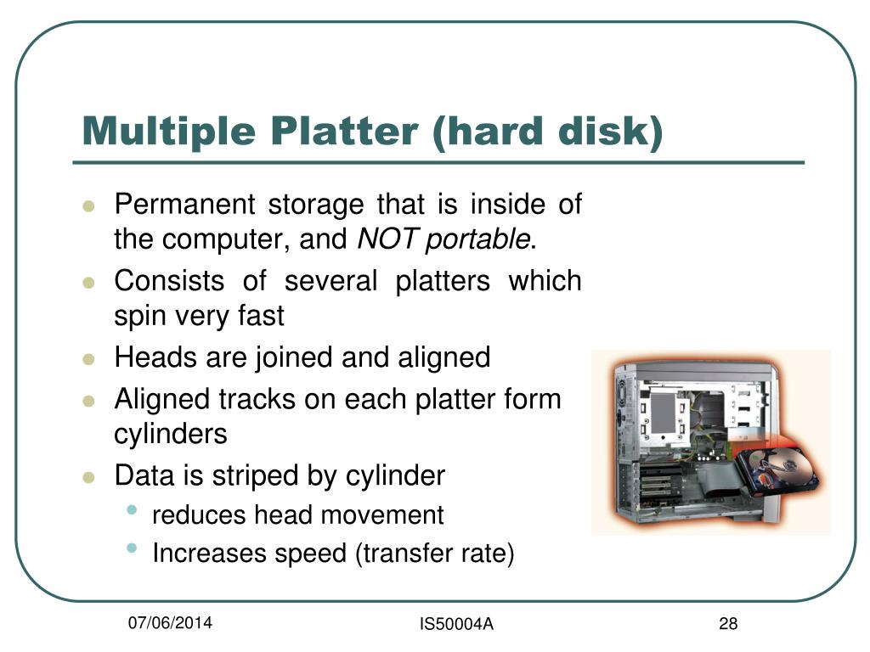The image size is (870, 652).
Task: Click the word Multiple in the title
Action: pos(167,132)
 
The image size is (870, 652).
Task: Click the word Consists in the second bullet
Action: pos(169,280)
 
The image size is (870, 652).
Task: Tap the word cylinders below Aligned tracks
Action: pos(171,434)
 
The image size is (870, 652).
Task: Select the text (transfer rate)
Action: pos(436,554)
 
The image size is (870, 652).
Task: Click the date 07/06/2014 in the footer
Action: pos(170,624)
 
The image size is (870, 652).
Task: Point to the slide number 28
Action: pos(727,625)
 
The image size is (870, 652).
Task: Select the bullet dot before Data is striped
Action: pos(88,477)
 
